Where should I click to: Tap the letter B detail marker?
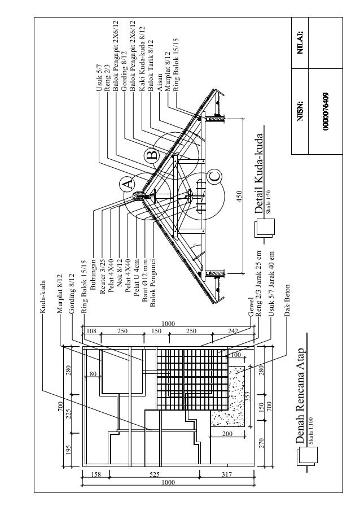pos(151,155)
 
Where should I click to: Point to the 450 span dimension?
pos(239,197)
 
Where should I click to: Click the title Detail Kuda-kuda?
pos(258,173)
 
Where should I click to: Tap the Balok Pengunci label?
pos(153,280)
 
